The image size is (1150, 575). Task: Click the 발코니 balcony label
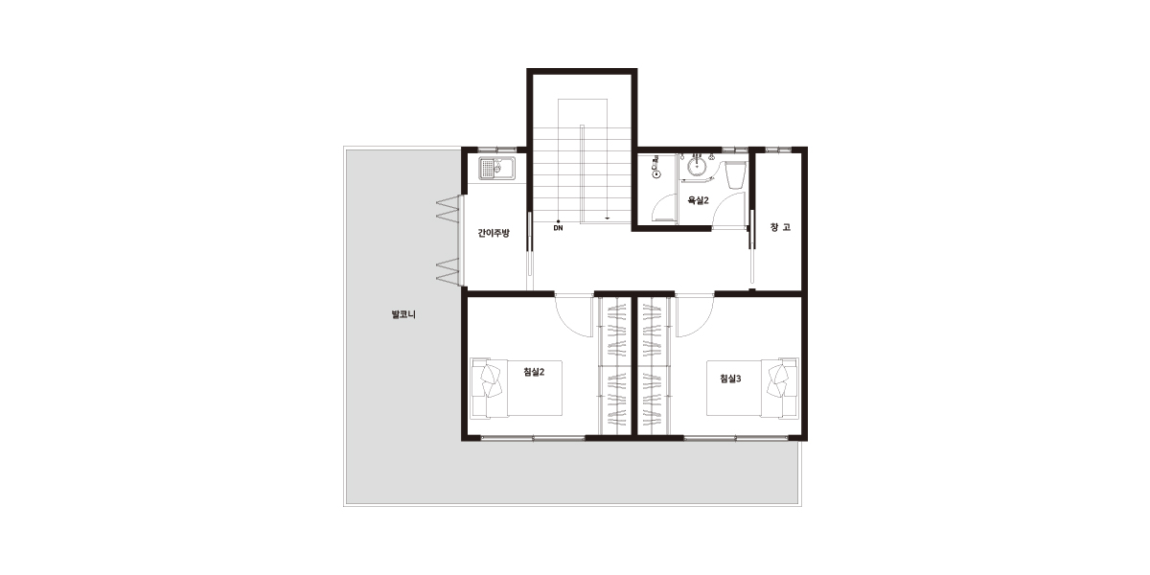pyautogui.click(x=403, y=314)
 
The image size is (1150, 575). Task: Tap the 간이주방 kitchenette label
pyautogui.click(x=494, y=233)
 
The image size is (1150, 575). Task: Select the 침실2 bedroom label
pyautogui.click(x=534, y=372)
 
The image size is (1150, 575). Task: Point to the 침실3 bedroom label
pyautogui.click(x=730, y=379)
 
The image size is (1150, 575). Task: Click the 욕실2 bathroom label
pyautogui.click(x=699, y=200)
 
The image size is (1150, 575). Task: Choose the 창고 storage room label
pyautogui.click(x=780, y=227)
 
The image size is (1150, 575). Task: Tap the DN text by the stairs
pyautogui.click(x=558, y=228)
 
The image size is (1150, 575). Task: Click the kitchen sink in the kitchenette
pyautogui.click(x=497, y=169)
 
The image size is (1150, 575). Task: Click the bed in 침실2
pyautogui.click(x=517, y=388)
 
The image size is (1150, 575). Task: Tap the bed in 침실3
pyautogui.click(x=752, y=388)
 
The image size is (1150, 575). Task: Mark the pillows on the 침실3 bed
pyautogui.click(x=778, y=380)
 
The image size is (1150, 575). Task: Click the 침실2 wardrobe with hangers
pyautogui.click(x=615, y=365)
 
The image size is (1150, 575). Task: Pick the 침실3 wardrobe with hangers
pyautogui.click(x=655, y=365)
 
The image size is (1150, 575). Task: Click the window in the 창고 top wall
pyautogui.click(x=778, y=149)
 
